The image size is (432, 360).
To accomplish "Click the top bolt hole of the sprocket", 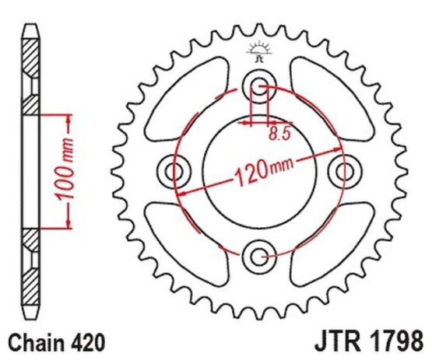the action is [259, 86].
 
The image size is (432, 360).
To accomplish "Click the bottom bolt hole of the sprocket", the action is [259, 257].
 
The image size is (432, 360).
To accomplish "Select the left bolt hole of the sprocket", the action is [174, 171].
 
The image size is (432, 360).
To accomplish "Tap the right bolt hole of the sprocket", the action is [344, 171].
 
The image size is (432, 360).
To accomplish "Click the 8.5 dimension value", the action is [279, 134].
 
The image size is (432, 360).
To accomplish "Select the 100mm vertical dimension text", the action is [65, 170].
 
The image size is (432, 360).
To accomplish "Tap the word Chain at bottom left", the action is [36, 343].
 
